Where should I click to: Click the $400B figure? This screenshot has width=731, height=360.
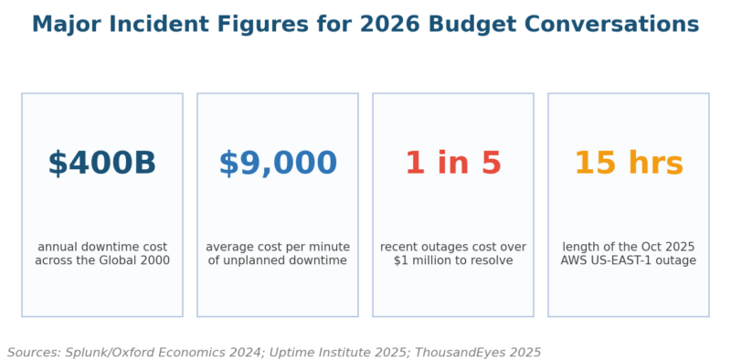coord(102,164)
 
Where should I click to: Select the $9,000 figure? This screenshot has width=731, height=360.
coord(278,164)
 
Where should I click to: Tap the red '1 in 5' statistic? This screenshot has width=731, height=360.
coord(453,164)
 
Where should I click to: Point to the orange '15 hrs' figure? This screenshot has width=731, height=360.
coord(629,164)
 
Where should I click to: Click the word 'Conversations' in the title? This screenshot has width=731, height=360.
coord(609,25)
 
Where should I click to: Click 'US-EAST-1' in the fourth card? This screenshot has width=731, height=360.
coord(620,260)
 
